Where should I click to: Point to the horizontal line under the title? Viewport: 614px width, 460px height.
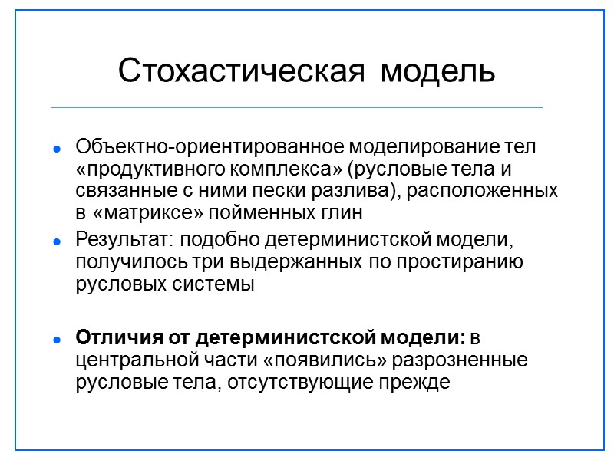296,107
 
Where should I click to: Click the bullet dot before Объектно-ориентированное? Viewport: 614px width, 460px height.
56,147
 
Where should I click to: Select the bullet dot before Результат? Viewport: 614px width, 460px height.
56,242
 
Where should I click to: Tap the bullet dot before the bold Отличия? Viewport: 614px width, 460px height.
56,339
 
